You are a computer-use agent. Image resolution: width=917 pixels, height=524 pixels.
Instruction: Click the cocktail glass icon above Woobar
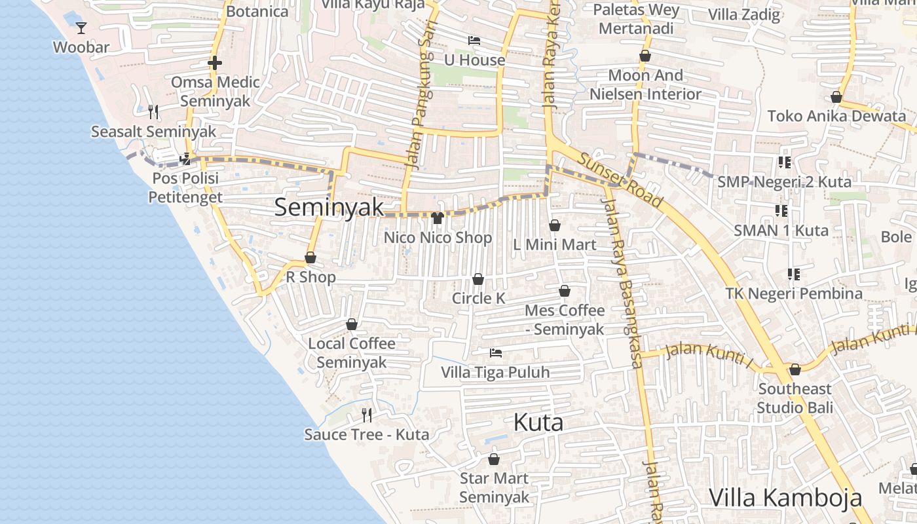81,28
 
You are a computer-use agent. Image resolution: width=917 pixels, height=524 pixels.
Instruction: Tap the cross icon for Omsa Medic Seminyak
215,63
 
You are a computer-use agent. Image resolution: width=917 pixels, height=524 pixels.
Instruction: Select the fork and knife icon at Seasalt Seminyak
153,112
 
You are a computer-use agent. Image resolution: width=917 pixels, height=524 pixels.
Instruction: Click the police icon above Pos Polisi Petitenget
185,158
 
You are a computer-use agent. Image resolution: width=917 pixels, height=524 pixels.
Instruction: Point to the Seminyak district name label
329,207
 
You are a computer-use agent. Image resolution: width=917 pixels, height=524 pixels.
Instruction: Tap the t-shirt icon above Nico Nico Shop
438,217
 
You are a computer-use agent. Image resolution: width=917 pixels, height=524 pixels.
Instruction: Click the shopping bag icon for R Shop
310,257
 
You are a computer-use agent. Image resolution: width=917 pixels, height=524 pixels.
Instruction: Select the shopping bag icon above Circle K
478,279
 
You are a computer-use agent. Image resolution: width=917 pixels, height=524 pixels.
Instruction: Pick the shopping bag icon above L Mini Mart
555,225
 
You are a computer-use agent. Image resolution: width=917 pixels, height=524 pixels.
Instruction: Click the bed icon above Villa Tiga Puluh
496,353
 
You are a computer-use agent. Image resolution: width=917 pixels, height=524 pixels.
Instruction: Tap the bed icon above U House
474,41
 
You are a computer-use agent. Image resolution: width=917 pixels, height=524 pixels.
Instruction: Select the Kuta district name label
538,422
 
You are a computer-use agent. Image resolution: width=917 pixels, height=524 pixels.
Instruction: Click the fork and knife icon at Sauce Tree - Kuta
367,415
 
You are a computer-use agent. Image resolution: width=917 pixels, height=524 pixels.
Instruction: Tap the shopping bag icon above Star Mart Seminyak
494,459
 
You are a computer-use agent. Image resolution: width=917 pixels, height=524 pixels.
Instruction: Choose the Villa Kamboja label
785,497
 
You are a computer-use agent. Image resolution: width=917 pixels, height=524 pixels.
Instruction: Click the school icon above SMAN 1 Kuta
781,210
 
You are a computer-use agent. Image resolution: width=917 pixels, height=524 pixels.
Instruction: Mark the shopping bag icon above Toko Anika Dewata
836,97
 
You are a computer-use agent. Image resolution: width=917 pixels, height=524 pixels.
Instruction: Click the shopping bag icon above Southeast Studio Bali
795,369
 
